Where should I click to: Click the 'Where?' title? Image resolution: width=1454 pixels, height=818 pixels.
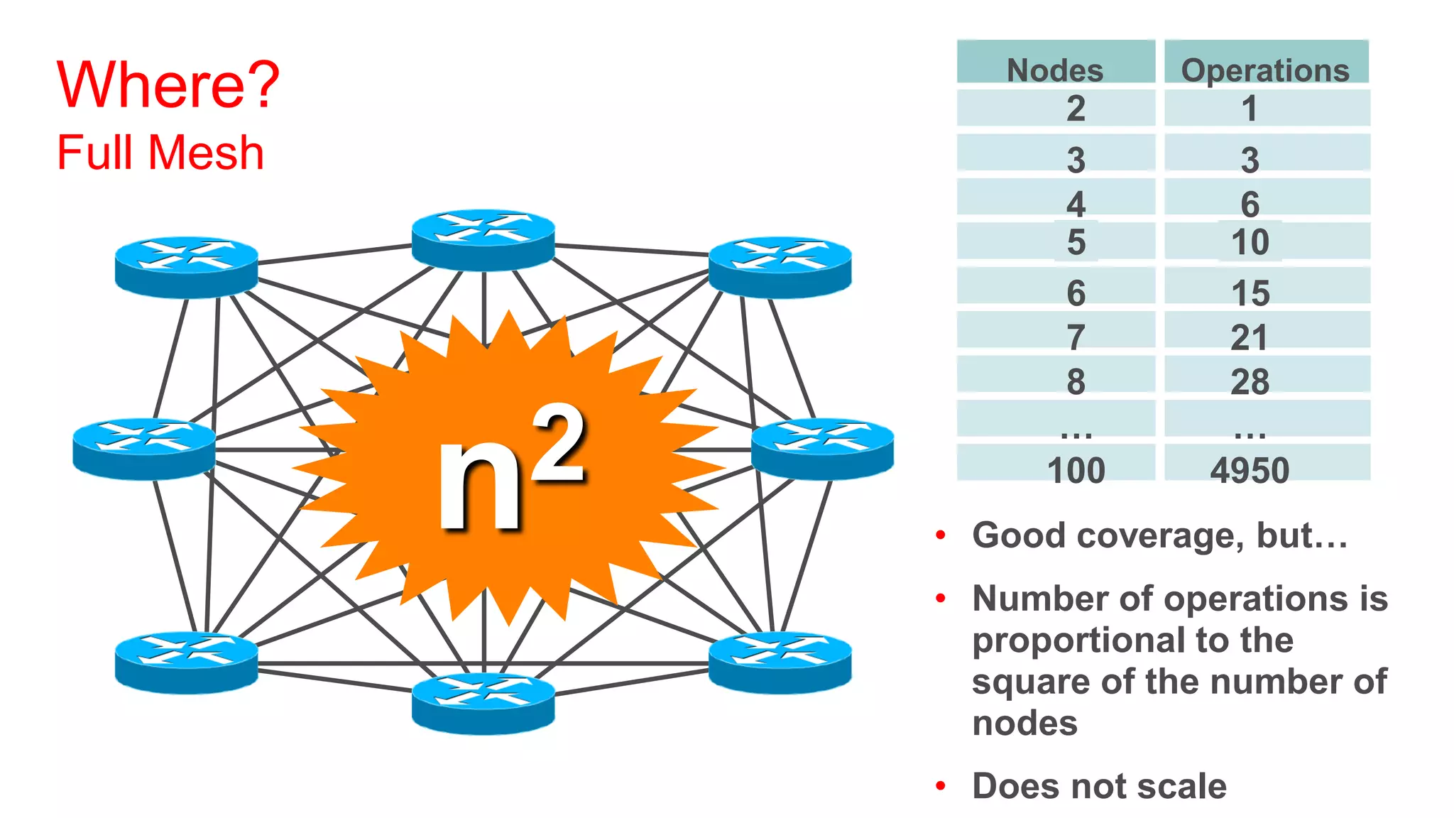point(168,85)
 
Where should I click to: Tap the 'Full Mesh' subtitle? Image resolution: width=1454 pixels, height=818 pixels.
point(160,153)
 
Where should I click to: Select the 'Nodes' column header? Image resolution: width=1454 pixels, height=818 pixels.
point(1055,70)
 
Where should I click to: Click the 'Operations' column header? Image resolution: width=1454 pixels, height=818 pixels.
point(1265,70)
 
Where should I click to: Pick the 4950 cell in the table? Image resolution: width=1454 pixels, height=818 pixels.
point(1250,470)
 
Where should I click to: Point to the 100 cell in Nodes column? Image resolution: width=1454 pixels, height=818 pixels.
point(1076,470)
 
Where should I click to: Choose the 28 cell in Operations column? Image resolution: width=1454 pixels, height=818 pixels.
point(1250,381)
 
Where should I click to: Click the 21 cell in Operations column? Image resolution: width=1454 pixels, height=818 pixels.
point(1250,337)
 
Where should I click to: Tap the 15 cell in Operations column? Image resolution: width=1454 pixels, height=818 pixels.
point(1250,293)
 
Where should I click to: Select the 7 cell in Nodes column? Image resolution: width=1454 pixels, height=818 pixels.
point(1076,337)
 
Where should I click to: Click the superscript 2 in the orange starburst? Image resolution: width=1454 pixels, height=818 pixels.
point(559,444)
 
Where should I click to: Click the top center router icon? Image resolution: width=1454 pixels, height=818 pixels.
point(483,239)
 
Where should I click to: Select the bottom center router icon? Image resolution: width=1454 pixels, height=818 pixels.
point(483,703)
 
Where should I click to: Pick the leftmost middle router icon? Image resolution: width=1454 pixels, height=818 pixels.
point(144,449)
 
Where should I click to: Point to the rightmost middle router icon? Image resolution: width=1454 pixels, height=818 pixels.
point(822,449)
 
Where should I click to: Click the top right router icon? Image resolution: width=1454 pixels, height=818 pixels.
point(780,266)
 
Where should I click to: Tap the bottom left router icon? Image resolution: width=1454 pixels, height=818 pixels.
point(186,662)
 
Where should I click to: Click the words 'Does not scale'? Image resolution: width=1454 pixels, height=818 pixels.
point(1099,786)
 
